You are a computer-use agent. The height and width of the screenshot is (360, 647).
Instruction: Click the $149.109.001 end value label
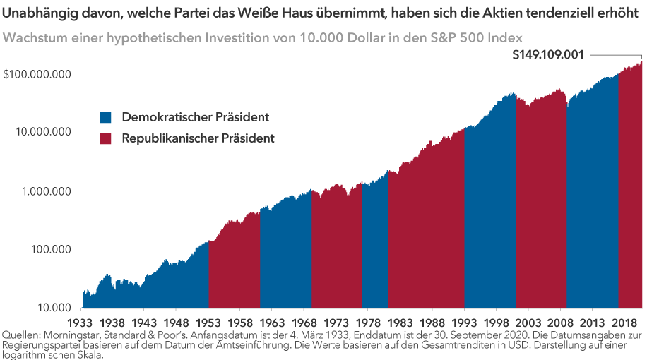pyautogui.click(x=548, y=55)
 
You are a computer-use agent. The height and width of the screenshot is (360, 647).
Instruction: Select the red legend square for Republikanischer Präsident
pyautogui.click(x=105, y=138)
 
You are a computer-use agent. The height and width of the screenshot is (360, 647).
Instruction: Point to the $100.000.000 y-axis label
pyautogui.click(x=40, y=74)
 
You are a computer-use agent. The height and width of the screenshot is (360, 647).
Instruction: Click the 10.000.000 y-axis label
pyautogui.click(x=43, y=132)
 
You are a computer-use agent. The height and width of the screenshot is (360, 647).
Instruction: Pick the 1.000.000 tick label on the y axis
pyautogui.click(x=46, y=191)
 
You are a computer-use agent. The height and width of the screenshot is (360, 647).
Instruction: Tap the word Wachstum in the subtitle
pyautogui.click(x=30, y=37)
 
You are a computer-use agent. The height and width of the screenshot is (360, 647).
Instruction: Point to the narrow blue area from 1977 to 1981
pyautogui.click(x=375, y=247)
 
